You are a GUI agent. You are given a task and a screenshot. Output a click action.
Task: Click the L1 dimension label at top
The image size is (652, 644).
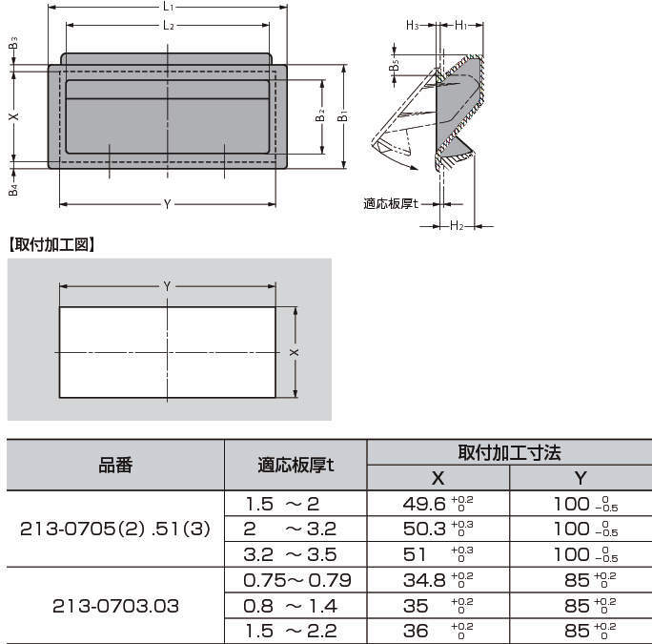point(168,7)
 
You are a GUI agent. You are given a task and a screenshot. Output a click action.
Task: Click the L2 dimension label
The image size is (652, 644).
point(169,26)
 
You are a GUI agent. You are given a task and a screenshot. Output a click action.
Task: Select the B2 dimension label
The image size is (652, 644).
point(319,115)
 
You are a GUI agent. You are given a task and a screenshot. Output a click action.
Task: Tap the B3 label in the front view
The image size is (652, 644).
point(13,44)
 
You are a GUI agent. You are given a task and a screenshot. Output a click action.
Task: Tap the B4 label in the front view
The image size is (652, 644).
point(13,189)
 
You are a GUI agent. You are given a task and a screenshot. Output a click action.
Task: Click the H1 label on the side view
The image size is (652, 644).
point(461,26)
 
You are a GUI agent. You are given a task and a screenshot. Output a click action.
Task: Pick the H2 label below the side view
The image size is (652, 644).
point(457,225)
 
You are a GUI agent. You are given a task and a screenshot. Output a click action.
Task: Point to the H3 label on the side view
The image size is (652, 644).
point(413,26)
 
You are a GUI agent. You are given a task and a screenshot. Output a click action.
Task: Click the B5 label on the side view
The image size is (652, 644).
point(394,65)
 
